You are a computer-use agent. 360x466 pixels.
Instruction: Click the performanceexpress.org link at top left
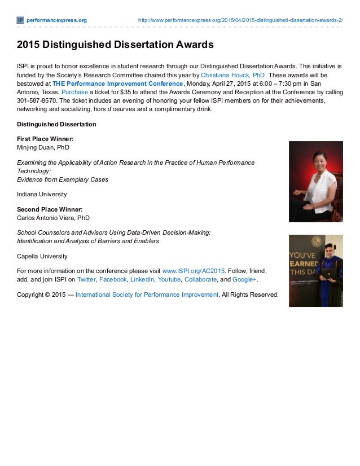point(56,20)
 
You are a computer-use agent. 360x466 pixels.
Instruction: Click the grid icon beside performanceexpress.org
point(20,20)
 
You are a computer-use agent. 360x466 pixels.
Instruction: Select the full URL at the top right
point(240,20)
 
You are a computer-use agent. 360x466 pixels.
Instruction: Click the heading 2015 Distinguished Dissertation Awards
point(115,43)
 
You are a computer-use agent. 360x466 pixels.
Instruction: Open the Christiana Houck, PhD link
point(232,74)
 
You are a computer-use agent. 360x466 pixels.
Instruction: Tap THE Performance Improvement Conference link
point(118,83)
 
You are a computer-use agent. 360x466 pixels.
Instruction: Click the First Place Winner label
point(46,138)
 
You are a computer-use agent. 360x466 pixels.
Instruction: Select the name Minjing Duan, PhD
point(43,147)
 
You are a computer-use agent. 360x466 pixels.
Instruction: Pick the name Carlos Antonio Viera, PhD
point(54,218)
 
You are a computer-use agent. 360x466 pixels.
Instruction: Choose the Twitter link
point(86,279)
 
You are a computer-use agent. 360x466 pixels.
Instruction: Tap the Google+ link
point(243,279)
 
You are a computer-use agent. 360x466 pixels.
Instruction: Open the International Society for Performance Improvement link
point(147,294)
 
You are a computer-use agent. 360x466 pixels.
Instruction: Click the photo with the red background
point(315,181)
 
